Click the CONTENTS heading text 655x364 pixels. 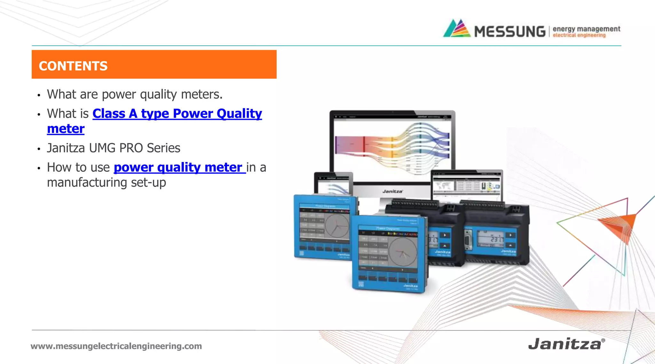click(x=73, y=66)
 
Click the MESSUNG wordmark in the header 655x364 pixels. click(x=509, y=32)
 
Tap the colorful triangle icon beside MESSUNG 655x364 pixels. click(x=457, y=29)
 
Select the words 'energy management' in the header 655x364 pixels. click(x=586, y=29)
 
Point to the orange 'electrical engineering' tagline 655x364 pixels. click(x=579, y=35)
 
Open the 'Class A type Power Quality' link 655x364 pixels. click(x=177, y=114)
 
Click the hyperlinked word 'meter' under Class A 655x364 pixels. click(x=66, y=129)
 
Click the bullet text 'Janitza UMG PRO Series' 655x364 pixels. click(x=114, y=148)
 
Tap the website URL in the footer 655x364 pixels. click(x=116, y=346)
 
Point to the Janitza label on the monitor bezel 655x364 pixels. click(x=392, y=191)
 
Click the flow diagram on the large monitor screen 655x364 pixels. click(x=392, y=145)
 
